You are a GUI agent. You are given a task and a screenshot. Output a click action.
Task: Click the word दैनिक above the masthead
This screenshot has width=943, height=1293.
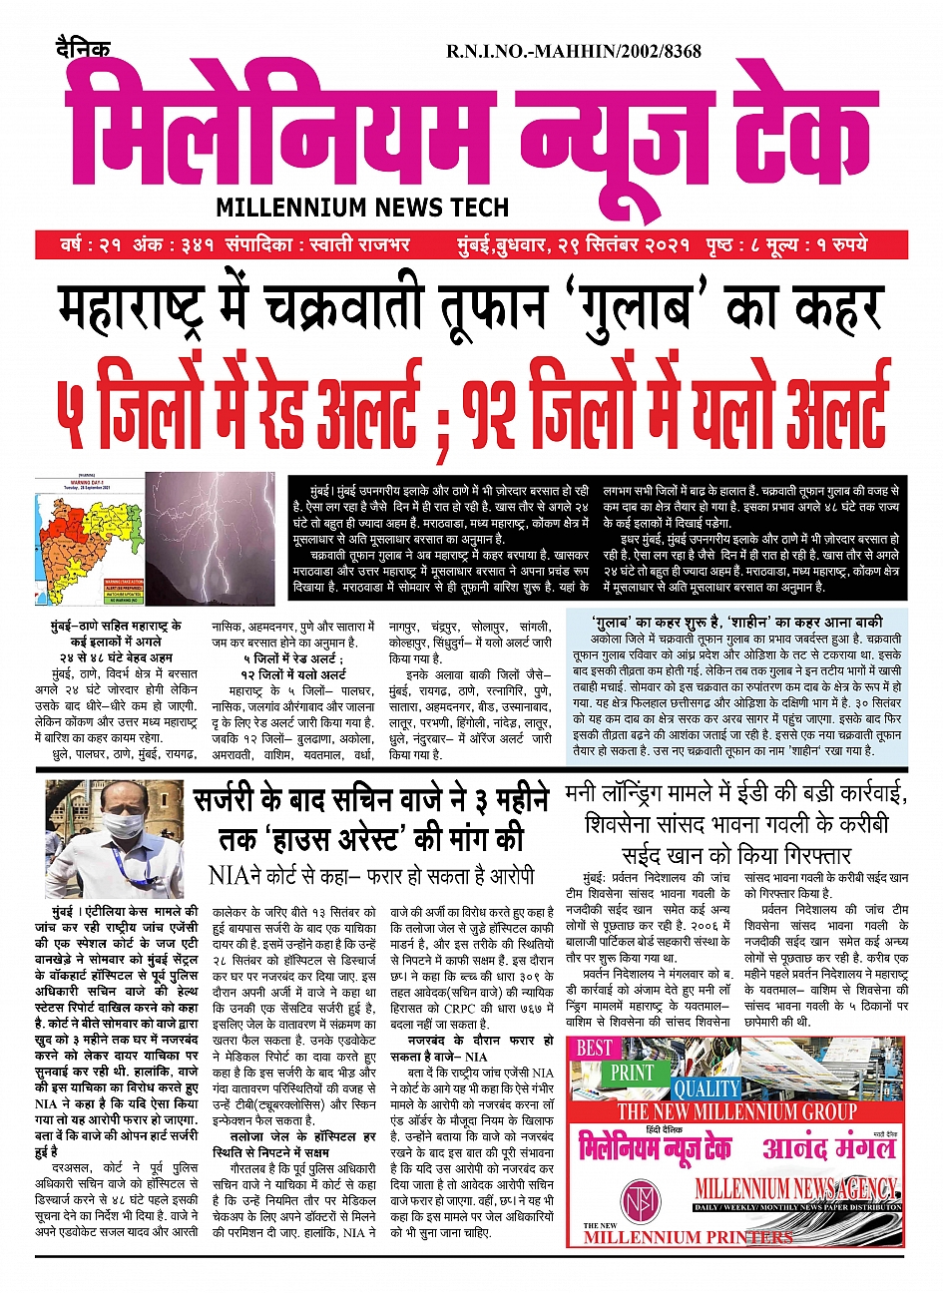84,47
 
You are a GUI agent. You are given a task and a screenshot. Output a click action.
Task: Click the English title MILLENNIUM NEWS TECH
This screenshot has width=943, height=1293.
362,208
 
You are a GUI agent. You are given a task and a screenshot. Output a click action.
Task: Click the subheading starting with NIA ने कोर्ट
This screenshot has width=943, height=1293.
371,876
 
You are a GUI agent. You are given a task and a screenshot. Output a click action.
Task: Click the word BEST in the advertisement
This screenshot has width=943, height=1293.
595,1048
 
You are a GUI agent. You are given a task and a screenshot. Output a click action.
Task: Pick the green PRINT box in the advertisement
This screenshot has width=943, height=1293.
633,1073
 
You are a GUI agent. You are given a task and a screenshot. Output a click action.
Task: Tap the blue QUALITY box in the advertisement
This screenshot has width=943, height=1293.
706,1088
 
